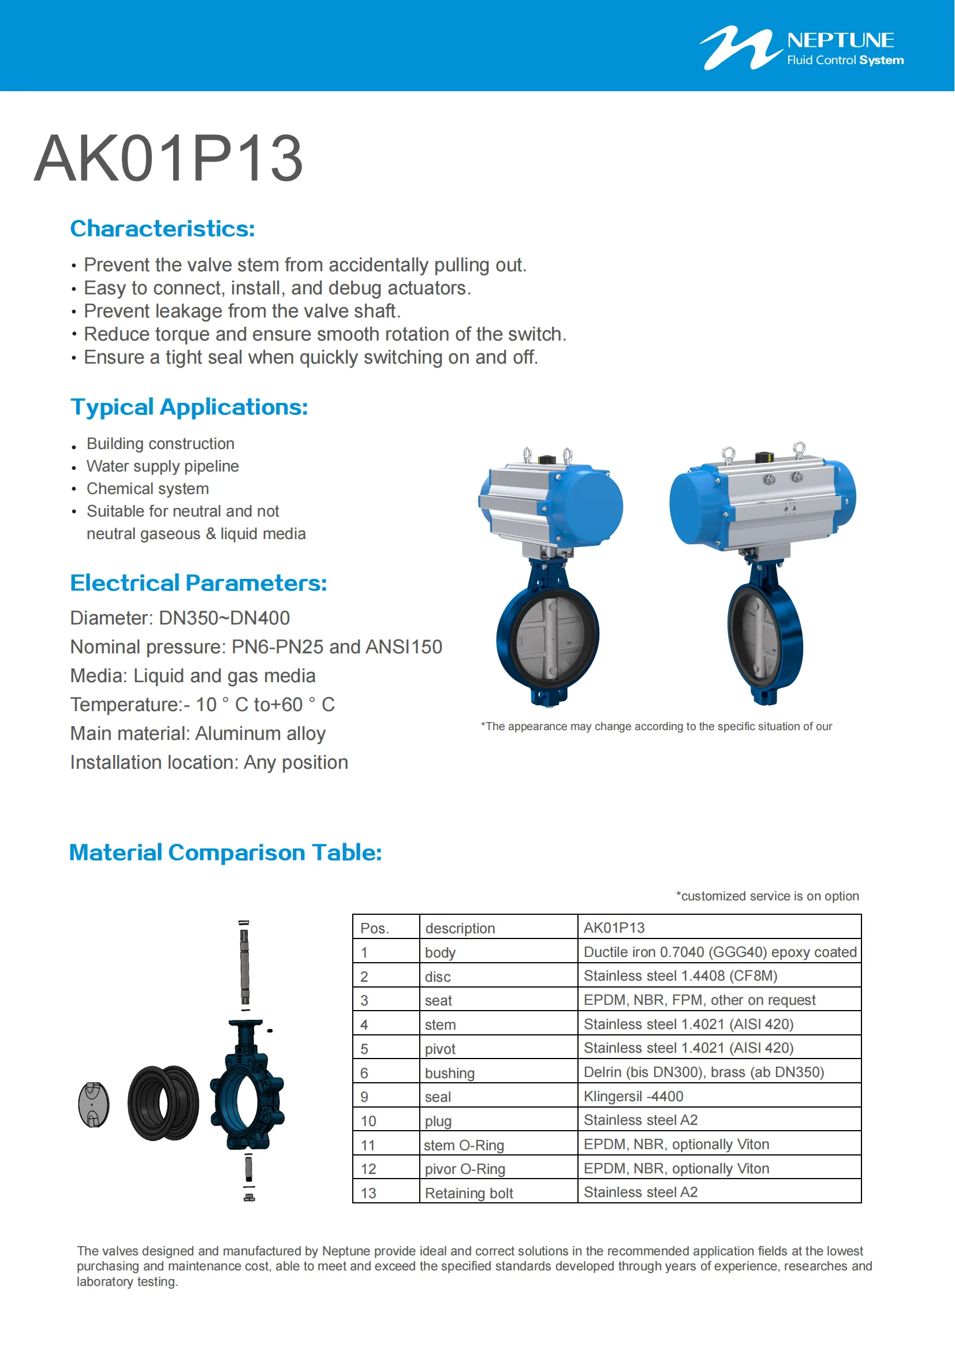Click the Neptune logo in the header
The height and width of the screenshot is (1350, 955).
[801, 48]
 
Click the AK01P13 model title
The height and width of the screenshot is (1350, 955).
[168, 159]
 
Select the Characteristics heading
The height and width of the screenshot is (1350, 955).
[162, 229]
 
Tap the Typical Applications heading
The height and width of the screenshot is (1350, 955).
[189, 407]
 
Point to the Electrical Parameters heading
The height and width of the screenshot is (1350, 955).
[198, 583]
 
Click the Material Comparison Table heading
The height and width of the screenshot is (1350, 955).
[225, 852]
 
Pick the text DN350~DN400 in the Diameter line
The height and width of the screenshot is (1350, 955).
[224, 618]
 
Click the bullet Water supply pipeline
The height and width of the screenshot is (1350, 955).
[162, 466]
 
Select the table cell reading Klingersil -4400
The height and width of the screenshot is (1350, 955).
[633, 1096]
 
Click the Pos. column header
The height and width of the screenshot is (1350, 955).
[375, 928]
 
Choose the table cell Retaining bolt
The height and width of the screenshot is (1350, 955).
[469, 1192]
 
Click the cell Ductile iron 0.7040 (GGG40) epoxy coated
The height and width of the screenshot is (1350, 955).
[720, 952]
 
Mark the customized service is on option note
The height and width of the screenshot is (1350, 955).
[767, 896]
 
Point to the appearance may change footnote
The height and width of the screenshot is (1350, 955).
[656, 726]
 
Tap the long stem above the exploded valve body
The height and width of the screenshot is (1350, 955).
[245, 964]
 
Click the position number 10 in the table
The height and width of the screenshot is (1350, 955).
[368, 1121]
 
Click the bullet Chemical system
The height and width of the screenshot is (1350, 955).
[148, 489]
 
